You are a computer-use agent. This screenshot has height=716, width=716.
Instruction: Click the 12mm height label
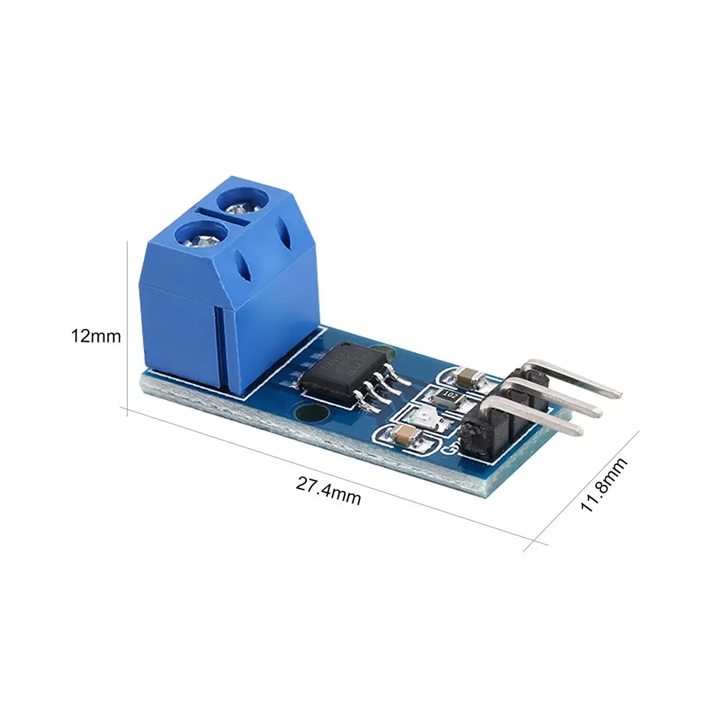click(95, 336)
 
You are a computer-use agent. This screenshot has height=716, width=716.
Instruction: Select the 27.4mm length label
click(328, 491)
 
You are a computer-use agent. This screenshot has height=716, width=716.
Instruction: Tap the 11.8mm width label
click(604, 484)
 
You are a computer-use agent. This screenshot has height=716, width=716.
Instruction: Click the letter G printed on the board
click(447, 447)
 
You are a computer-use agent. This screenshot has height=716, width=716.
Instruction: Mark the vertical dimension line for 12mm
click(127, 326)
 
